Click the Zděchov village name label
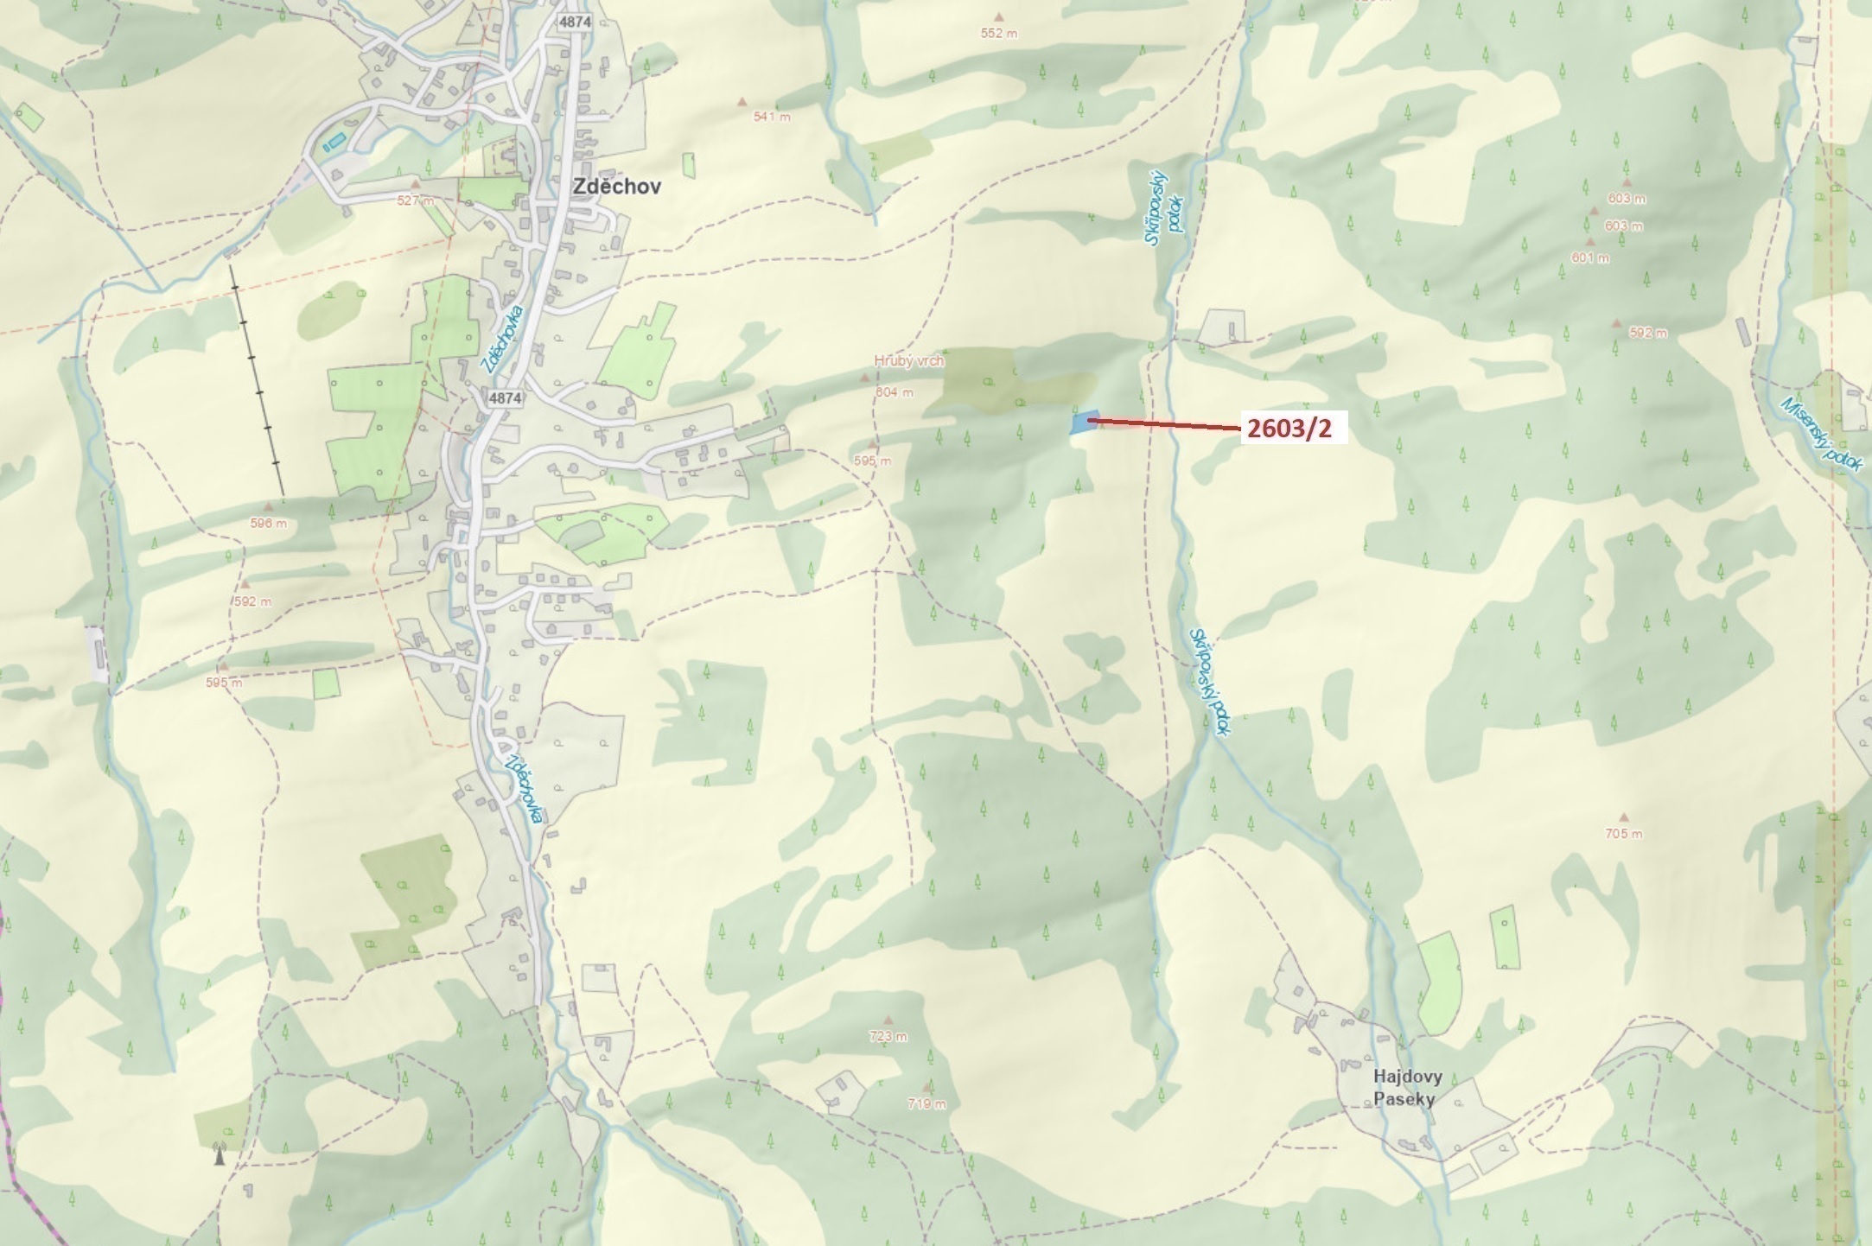pyautogui.click(x=617, y=187)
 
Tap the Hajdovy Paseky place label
pyautogui.click(x=1407, y=1088)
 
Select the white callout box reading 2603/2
pyautogui.click(x=1294, y=428)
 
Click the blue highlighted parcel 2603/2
pyautogui.click(x=1083, y=423)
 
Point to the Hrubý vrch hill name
pyautogui.click(x=908, y=361)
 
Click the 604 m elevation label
pyautogui.click(x=894, y=392)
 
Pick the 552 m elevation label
pyautogui.click(x=998, y=34)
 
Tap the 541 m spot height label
pyautogui.click(x=772, y=116)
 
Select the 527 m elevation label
pyautogui.click(x=416, y=200)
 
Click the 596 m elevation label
pyautogui.click(x=268, y=523)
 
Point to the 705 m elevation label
pyautogui.click(x=1623, y=834)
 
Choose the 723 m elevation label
pyautogui.click(x=888, y=1036)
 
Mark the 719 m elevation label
pyautogui.click(x=926, y=1103)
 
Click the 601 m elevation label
pyautogui.click(x=1590, y=257)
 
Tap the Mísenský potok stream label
pyautogui.click(x=1822, y=435)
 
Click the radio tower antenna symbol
pyautogui.click(x=220, y=1154)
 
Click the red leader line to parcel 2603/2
pyautogui.click(x=1167, y=424)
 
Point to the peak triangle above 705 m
pyautogui.click(x=1623, y=817)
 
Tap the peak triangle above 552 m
pyautogui.click(x=1000, y=16)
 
